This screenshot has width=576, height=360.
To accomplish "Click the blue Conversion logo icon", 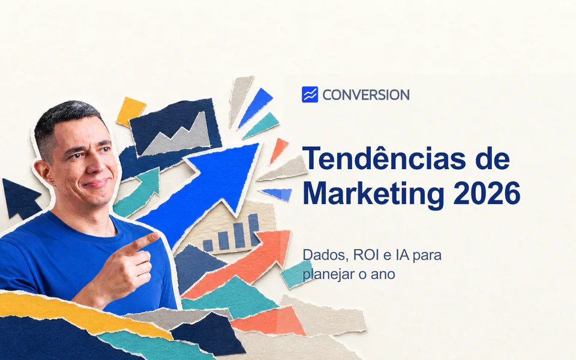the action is pos(310,94).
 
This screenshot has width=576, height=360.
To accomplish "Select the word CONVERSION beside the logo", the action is pos(366,95).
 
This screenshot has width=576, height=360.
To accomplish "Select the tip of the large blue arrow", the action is pos(258,145).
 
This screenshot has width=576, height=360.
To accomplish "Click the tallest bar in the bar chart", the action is pos(253,230).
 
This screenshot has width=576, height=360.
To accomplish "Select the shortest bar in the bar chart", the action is pos(208,246).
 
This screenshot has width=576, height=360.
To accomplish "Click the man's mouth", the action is pos(96,183).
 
